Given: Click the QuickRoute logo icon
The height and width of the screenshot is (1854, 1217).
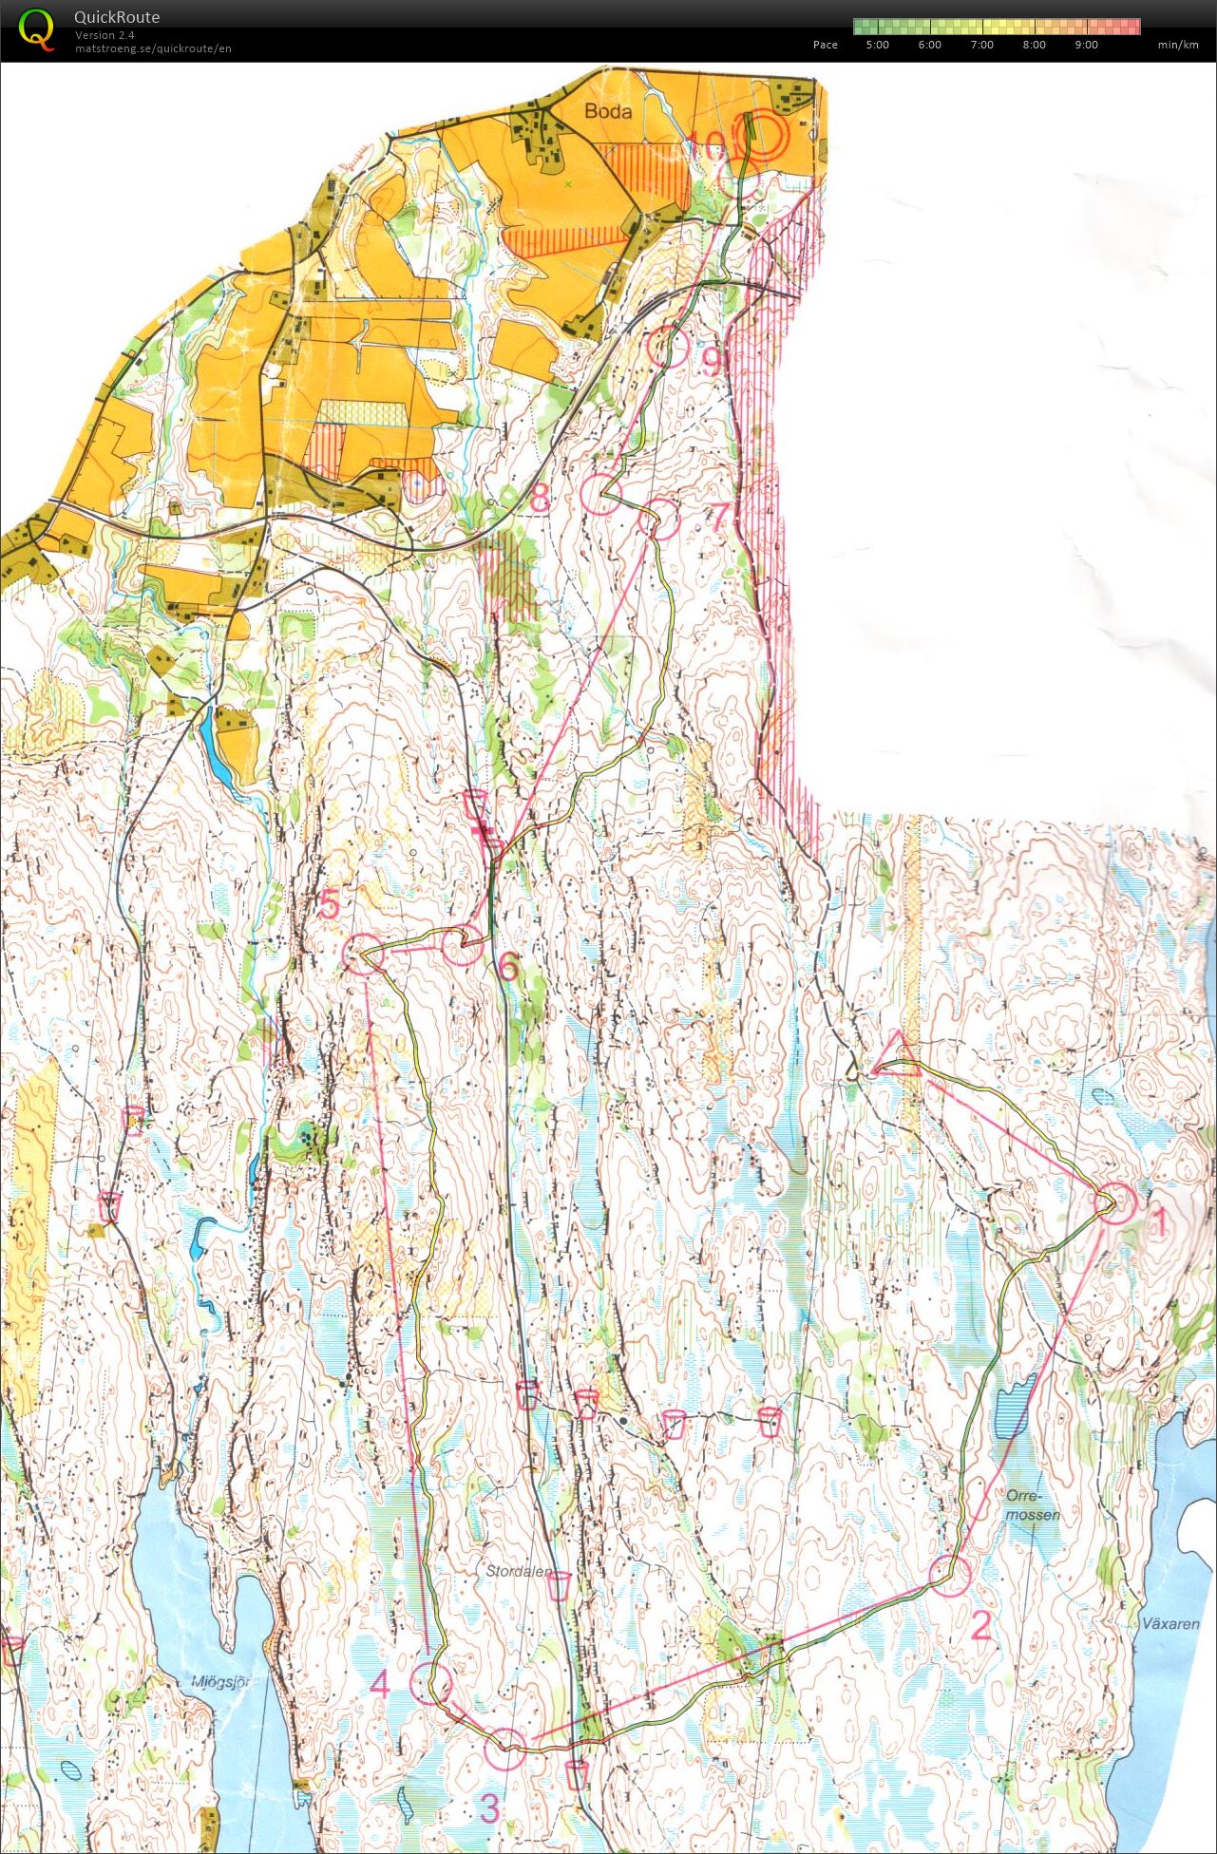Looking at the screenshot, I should pyautogui.click(x=36, y=28).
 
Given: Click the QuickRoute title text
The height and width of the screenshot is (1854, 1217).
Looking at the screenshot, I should pyautogui.click(x=117, y=17).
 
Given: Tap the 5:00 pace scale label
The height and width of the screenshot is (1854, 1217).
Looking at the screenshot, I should pyautogui.click(x=877, y=45).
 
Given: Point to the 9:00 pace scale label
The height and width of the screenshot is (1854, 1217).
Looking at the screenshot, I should pyautogui.click(x=1086, y=45).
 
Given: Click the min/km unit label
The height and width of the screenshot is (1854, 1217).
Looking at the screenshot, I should pyautogui.click(x=1177, y=45).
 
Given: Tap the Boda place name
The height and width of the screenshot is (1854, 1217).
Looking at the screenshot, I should pyautogui.click(x=608, y=111).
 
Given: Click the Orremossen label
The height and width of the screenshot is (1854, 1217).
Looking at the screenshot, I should pyautogui.click(x=1032, y=1504).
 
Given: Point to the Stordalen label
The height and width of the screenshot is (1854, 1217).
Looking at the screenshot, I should pyautogui.click(x=517, y=1571).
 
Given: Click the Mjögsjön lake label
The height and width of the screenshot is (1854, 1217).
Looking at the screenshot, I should pyautogui.click(x=219, y=1681).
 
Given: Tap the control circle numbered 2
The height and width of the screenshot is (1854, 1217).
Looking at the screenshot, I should pyautogui.click(x=949, y=1575).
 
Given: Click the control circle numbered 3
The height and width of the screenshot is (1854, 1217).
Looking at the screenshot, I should pyautogui.click(x=504, y=1749).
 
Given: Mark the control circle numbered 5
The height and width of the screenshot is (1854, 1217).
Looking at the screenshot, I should pyautogui.click(x=362, y=954).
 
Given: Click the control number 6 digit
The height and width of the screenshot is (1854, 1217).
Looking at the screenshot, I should pyautogui.click(x=507, y=967).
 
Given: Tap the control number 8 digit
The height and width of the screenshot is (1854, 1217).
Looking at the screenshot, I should pyautogui.click(x=540, y=497).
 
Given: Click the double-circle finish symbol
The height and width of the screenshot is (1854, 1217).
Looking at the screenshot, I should pyautogui.click(x=763, y=135).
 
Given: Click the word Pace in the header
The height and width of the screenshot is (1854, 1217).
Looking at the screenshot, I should pyautogui.click(x=825, y=45).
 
